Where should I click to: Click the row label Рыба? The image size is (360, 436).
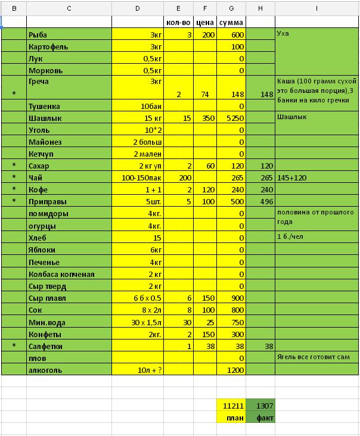(x=39, y=35)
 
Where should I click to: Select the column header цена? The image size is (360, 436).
(x=206, y=22)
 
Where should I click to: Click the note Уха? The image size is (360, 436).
(x=283, y=34)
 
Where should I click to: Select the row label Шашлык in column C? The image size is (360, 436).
(x=44, y=118)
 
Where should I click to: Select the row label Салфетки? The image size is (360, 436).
(x=46, y=346)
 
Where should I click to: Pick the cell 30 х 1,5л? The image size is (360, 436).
(x=142, y=322)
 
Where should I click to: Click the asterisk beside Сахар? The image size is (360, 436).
(x=14, y=166)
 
